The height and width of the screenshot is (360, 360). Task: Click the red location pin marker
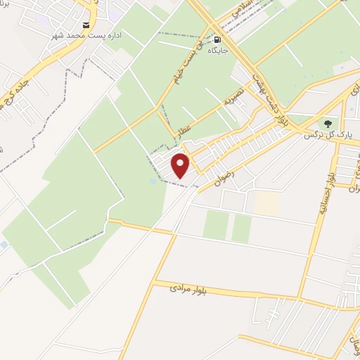181,165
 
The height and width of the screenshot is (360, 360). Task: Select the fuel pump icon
217,40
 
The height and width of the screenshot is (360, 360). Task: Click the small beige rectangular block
266,202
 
